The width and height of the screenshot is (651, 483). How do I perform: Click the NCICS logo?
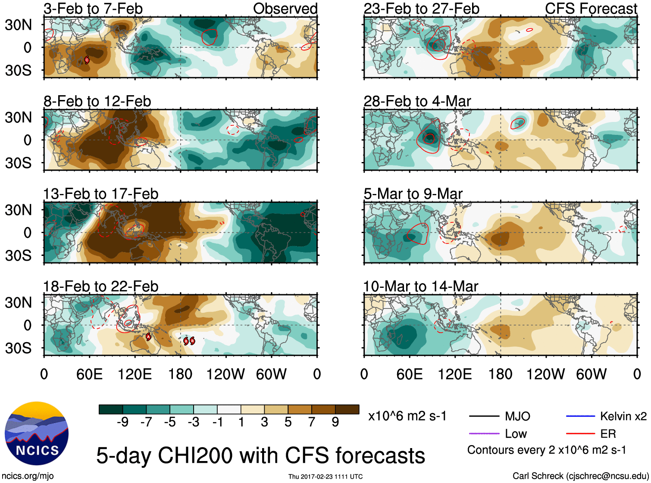(x=36, y=433)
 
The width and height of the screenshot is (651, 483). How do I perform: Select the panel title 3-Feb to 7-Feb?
(x=93, y=9)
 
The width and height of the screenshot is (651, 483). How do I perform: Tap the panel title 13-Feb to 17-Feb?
(x=100, y=194)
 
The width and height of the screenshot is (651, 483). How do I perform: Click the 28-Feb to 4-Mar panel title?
(x=417, y=101)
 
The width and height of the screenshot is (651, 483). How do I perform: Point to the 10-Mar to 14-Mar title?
(x=420, y=287)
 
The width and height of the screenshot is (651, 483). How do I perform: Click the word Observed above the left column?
(x=285, y=9)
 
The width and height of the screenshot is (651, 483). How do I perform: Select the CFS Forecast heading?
(x=591, y=9)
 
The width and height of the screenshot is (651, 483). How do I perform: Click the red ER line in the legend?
(x=580, y=433)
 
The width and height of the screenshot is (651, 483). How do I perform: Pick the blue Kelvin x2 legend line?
(x=580, y=416)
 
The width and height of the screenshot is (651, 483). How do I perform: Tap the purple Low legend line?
(x=484, y=433)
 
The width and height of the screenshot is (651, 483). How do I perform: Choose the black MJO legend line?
(x=484, y=416)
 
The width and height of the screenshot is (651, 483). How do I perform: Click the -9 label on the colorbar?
(x=122, y=422)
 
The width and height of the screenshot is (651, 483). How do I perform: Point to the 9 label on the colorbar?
(x=335, y=422)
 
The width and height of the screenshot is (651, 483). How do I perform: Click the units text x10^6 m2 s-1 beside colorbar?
(x=407, y=416)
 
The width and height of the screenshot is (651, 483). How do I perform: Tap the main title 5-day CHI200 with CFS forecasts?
(x=260, y=455)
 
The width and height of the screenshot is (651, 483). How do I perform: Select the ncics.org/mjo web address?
(x=28, y=476)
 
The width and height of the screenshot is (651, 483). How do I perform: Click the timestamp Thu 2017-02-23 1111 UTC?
(x=325, y=477)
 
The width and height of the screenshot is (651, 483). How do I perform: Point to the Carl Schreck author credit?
(x=580, y=476)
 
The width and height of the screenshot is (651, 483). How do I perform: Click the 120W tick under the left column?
(x=225, y=374)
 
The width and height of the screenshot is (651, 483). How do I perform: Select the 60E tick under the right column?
(x=409, y=374)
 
